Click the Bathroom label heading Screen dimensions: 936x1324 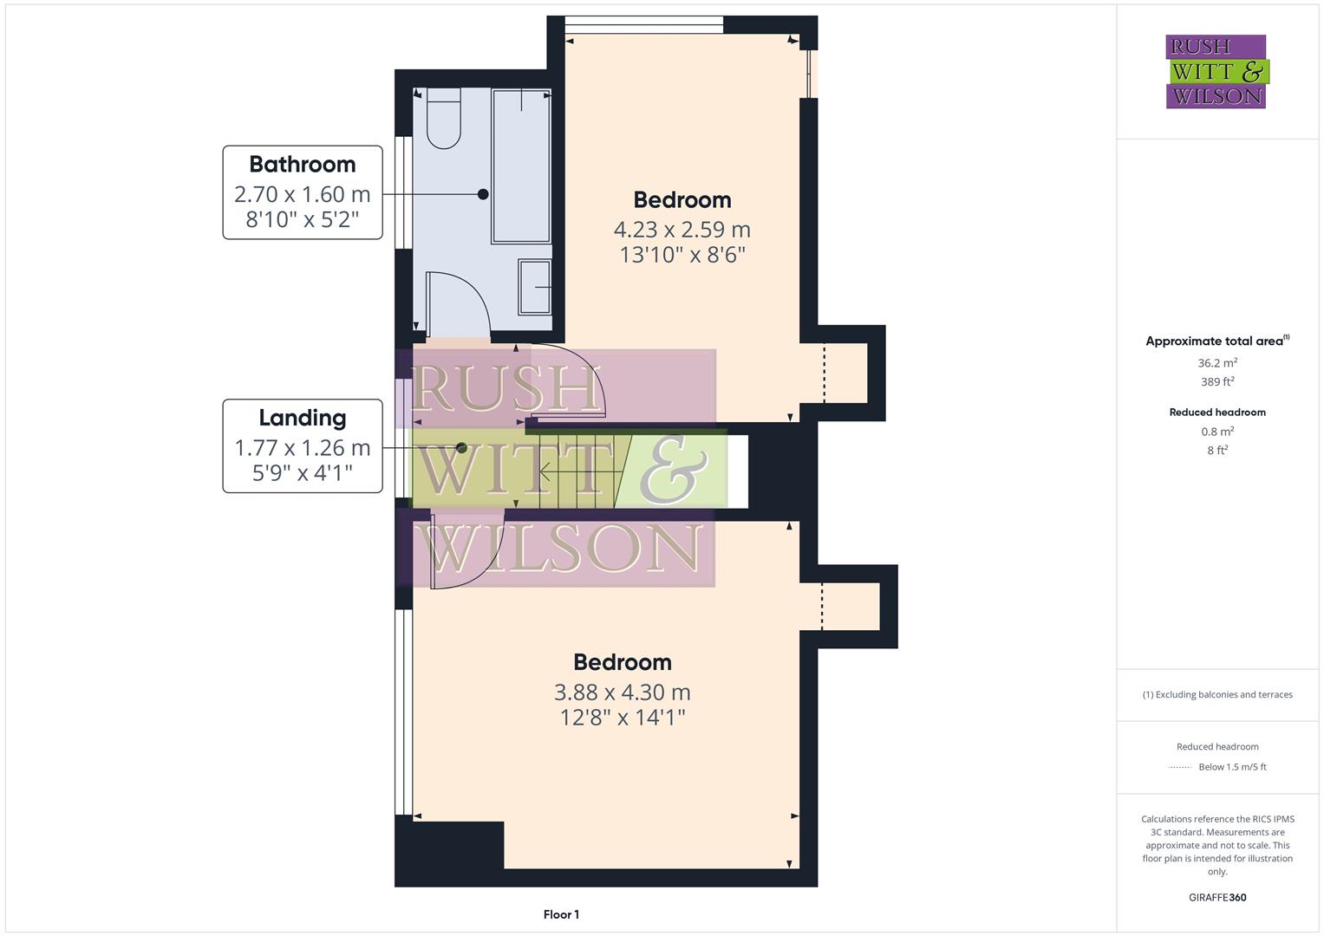[x=302, y=164]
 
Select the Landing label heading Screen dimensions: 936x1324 [x=302, y=418]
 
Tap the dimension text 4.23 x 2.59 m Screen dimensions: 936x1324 [x=682, y=230]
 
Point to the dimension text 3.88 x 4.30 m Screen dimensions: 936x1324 [x=622, y=692]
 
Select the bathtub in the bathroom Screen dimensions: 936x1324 [x=521, y=166]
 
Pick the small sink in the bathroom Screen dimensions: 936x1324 [x=534, y=286]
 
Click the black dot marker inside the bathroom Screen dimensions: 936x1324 [x=483, y=195]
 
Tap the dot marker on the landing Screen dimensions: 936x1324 [x=461, y=448]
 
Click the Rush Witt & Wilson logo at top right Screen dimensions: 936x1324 [x=1216, y=72]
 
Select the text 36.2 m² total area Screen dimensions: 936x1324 [x=1217, y=363]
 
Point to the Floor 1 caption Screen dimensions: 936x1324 [x=561, y=914]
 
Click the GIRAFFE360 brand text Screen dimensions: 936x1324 [x=1217, y=897]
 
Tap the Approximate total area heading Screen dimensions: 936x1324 [x=1216, y=341]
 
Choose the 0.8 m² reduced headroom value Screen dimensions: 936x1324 [x=1217, y=432]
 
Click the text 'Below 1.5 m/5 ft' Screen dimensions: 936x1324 [x=1232, y=767]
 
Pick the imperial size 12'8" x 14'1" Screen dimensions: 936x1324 [x=622, y=718]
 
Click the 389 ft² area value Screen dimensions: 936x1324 [x=1217, y=381]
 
